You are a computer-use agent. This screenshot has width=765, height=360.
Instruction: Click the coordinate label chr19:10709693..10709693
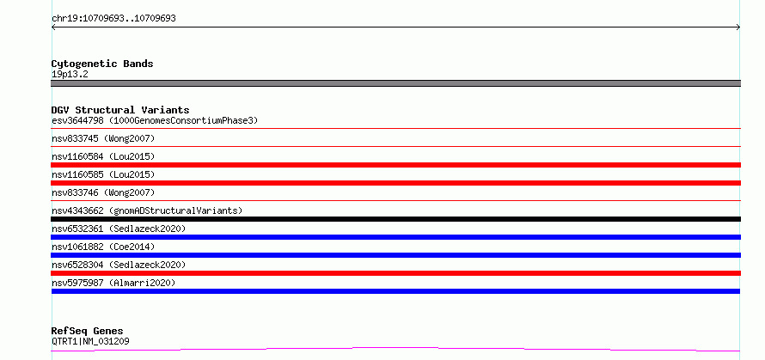(113, 19)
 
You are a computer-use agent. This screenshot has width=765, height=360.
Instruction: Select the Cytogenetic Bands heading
(102, 64)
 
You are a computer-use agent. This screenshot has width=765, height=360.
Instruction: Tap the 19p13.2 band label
(70, 75)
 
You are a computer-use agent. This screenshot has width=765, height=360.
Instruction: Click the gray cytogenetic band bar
(395, 83)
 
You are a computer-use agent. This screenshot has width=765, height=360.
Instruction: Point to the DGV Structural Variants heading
(120, 110)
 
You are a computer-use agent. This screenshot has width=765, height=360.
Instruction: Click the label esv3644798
(77, 120)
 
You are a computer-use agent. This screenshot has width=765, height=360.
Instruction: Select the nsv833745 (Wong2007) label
(103, 138)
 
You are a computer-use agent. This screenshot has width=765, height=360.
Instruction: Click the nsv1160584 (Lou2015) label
(103, 156)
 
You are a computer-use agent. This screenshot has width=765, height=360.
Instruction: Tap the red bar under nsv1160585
(395, 183)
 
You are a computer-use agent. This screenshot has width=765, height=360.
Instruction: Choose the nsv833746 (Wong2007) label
(103, 192)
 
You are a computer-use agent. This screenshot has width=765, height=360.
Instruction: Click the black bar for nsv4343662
(395, 219)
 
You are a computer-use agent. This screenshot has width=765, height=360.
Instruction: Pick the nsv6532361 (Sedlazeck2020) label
(119, 229)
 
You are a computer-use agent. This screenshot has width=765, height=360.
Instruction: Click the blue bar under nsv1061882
(395, 255)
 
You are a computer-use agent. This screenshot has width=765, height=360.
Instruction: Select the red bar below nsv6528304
(395, 273)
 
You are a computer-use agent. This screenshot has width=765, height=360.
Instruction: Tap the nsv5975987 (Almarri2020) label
(113, 283)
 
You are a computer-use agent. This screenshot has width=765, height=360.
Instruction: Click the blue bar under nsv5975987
(395, 291)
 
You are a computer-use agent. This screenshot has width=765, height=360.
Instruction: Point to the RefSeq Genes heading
(88, 331)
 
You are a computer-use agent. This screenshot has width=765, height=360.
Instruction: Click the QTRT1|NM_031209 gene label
(90, 341)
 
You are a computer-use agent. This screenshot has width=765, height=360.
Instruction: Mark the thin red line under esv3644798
(395, 128)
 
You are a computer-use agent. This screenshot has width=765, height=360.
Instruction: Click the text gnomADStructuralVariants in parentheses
(176, 211)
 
